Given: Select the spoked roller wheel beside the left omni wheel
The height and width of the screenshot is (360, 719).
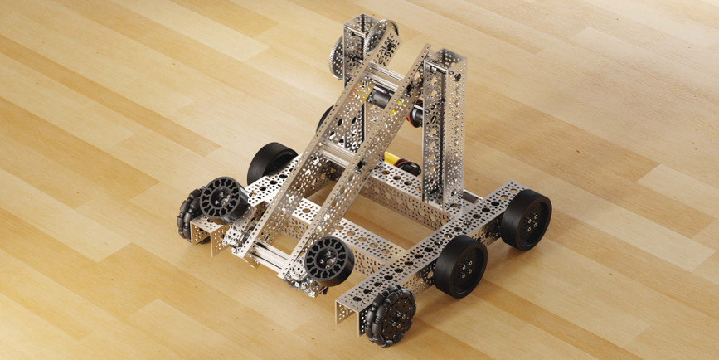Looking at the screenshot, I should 223,199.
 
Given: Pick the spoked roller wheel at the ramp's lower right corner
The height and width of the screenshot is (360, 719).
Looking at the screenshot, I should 328,261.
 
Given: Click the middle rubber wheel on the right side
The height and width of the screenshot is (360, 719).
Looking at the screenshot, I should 460,265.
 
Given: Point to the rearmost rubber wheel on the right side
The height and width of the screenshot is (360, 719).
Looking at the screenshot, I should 526,219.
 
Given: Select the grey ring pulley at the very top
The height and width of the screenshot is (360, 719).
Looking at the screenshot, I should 382,36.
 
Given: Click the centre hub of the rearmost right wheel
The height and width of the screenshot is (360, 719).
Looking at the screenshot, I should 534,217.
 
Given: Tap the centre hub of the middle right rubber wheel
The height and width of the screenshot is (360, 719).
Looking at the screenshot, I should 469,264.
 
